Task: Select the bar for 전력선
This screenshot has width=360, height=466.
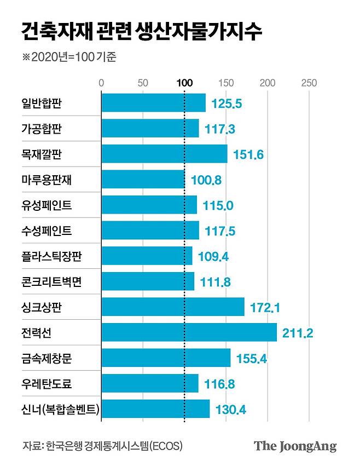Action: click(189, 332)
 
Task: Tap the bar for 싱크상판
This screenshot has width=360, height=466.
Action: click(173, 307)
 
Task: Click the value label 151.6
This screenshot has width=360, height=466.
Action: click(249, 154)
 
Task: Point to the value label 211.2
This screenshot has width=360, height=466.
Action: click(298, 333)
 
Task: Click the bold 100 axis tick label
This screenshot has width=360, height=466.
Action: click(184, 83)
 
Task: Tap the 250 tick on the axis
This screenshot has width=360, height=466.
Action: click(309, 83)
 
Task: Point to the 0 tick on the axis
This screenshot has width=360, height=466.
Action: click(101, 83)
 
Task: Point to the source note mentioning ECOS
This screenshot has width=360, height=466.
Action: click(102, 445)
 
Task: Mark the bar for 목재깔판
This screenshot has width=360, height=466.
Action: click(164, 154)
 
